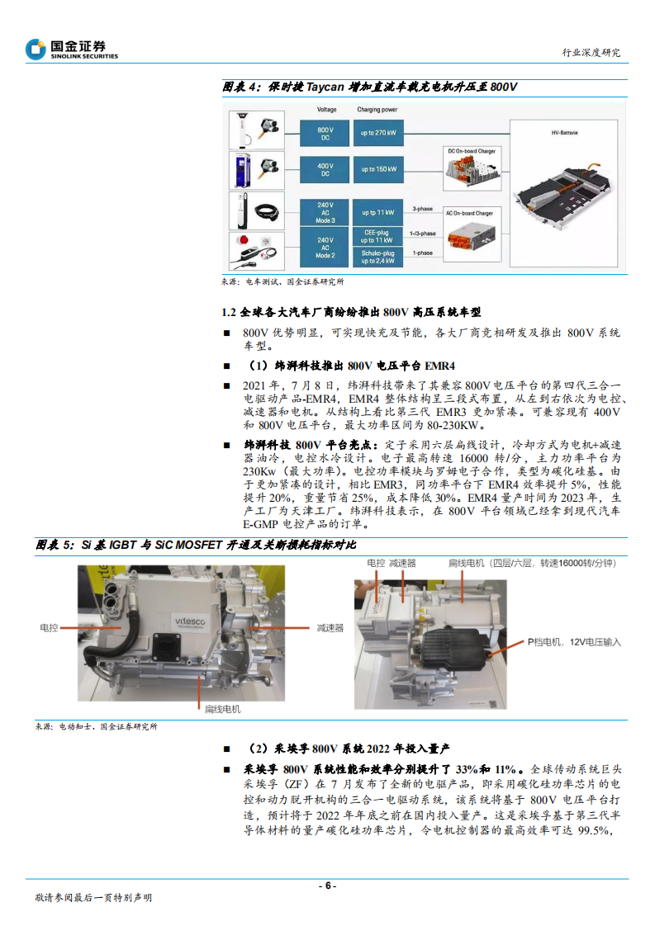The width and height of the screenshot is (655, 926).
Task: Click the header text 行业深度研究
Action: point(591,53)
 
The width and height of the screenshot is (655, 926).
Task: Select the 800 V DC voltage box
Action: point(325,134)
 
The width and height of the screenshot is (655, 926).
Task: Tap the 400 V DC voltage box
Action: point(325,171)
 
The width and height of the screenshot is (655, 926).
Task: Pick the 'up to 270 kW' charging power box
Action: point(377,134)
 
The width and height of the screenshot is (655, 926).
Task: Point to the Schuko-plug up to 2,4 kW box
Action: point(377,256)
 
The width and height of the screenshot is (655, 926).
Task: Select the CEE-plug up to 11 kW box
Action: point(377,236)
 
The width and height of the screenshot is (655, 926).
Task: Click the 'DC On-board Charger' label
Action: point(471,151)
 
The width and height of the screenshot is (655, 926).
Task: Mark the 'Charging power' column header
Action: point(377,109)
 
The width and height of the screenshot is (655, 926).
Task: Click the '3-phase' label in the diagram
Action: point(422,210)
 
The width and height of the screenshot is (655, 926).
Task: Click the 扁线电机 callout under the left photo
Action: point(222,708)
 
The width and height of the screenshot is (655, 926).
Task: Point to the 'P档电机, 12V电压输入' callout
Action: point(574,641)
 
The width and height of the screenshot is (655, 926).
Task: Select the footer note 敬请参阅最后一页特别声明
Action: point(93,897)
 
